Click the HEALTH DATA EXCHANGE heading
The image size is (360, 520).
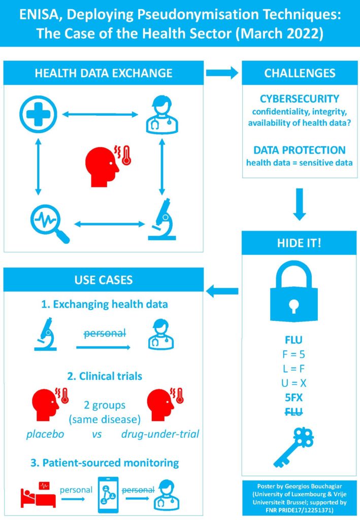[104, 73]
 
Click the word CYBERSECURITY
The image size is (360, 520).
[300, 99]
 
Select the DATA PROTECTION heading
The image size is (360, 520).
[300, 150]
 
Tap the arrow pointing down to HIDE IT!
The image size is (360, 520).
[300, 203]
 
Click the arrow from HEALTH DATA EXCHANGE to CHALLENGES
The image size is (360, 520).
[222, 73]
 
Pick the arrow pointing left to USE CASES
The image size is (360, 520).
[222, 291]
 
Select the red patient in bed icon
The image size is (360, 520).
[34, 494]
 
